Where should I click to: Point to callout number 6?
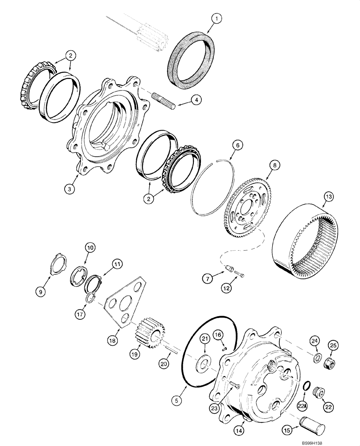click(x=238, y=145)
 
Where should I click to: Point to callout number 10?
click(x=90, y=246)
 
